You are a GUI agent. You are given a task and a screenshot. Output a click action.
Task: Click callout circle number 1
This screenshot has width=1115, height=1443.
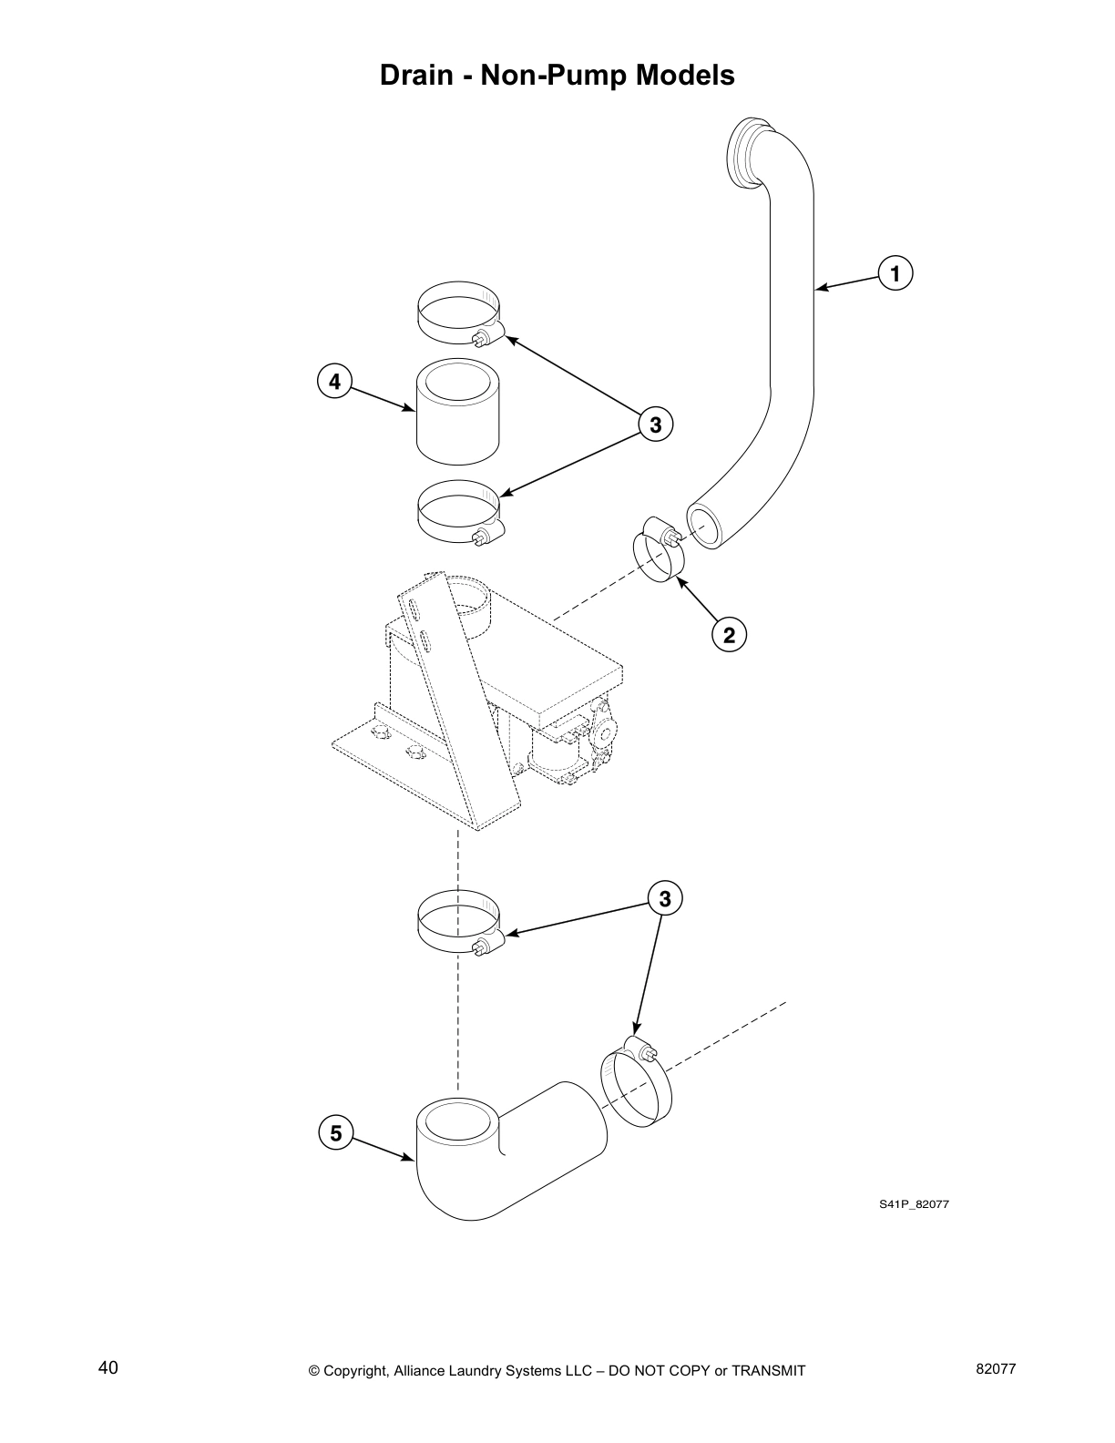[x=895, y=273]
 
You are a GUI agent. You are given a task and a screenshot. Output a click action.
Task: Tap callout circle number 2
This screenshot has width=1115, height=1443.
[x=729, y=634]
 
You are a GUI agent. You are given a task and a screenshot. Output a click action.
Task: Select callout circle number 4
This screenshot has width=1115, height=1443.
[x=334, y=382]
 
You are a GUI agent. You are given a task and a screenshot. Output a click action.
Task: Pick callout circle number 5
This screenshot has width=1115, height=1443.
[x=335, y=1133]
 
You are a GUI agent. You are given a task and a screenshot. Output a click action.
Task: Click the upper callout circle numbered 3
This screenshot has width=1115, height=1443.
[x=654, y=424]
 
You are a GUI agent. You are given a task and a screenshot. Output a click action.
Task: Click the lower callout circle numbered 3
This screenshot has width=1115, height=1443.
[x=665, y=899]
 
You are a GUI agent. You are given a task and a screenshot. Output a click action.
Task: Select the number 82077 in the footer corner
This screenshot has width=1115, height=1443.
[x=995, y=1368]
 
